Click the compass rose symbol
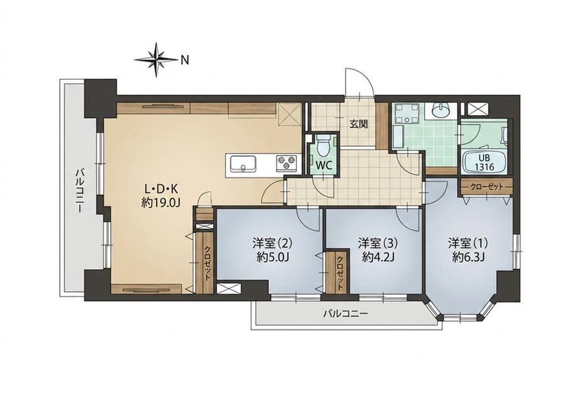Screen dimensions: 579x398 pos(157,59)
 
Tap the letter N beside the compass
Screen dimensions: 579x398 pos(184,60)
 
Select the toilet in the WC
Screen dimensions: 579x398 pos(323,145)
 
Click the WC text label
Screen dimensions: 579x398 pos(323,165)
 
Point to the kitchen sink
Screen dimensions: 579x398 pos(244,163)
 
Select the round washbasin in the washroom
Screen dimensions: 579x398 pos(440,109)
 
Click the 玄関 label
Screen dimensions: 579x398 pos(359,124)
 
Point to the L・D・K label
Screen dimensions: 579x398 pos(161,189)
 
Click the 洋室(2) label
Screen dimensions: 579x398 pos(272,243)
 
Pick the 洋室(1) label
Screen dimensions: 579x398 pos(468,243)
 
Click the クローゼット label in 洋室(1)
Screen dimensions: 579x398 pos(486,187)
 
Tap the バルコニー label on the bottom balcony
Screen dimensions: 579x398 pos(346,314)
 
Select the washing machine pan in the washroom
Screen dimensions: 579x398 pos(407,114)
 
